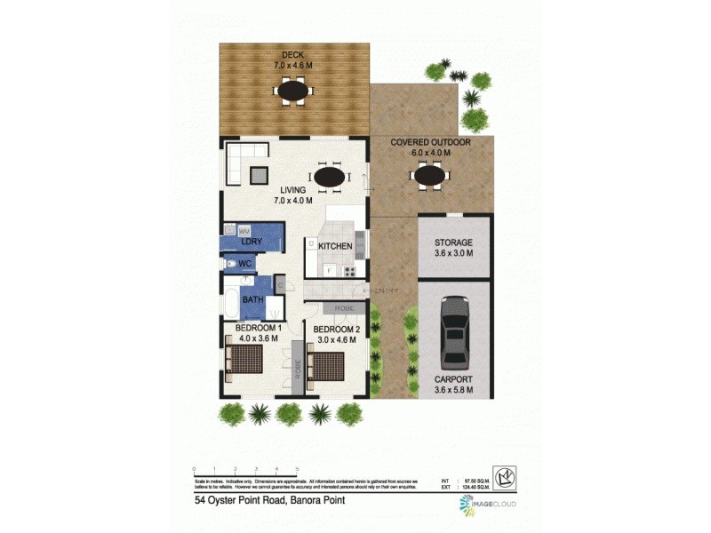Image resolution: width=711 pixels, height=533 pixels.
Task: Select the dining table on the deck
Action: click(x=293, y=90)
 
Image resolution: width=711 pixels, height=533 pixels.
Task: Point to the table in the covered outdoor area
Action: click(x=429, y=178)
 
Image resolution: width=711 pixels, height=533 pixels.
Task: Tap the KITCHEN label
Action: click(x=336, y=246)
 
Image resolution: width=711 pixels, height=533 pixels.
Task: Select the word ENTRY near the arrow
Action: click(x=387, y=290)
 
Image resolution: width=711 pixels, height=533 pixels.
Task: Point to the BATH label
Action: click(x=253, y=300)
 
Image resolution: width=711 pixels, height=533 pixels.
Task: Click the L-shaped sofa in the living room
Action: click(x=238, y=163)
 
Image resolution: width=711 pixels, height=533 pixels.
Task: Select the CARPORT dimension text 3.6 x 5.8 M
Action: click(x=452, y=390)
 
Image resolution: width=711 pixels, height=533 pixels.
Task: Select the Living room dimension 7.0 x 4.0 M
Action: click(x=293, y=201)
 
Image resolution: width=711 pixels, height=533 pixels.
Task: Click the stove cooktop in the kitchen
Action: click(x=350, y=270)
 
